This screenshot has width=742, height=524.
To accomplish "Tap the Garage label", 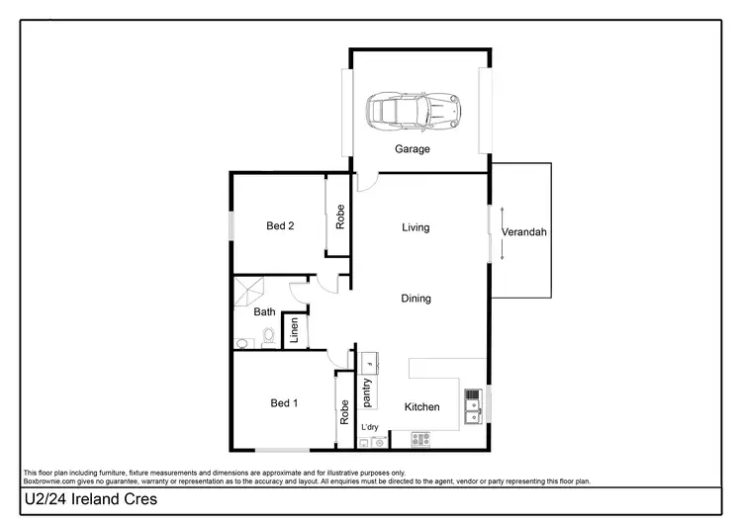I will click(413, 149).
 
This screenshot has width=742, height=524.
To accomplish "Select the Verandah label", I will click(523, 232).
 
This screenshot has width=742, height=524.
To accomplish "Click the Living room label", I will click(416, 227).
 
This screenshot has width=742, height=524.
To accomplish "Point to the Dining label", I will click(416, 299).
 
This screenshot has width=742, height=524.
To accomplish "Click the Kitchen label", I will click(421, 407).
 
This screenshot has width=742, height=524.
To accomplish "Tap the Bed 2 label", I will click(280, 226).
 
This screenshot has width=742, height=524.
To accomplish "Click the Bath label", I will click(264, 312).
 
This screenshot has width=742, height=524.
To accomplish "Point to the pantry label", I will click(367, 392).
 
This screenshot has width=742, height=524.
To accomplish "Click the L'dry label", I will click(370, 427).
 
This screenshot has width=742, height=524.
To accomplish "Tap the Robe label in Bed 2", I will click(339, 217).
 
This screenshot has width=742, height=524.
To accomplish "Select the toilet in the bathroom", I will click(267, 338).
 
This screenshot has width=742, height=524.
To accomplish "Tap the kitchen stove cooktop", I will click(420, 439).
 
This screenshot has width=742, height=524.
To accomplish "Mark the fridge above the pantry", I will click(368, 361).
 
